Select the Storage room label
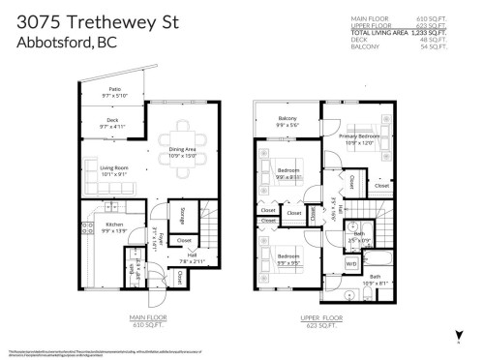tap(183, 216)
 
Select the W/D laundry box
tap(350, 263)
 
